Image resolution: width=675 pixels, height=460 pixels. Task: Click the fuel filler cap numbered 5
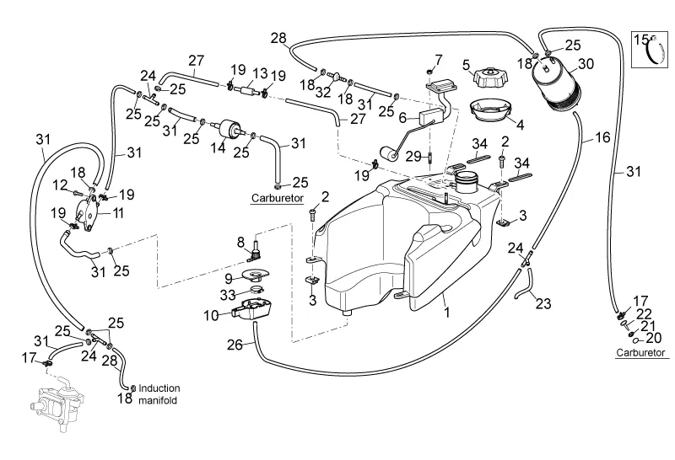(489, 78)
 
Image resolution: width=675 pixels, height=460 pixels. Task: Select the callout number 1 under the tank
(446, 310)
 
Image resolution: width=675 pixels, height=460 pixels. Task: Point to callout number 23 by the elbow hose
(542, 303)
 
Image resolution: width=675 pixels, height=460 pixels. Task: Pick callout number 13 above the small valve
(258, 73)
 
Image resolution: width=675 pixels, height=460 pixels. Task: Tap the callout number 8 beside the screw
(240, 243)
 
